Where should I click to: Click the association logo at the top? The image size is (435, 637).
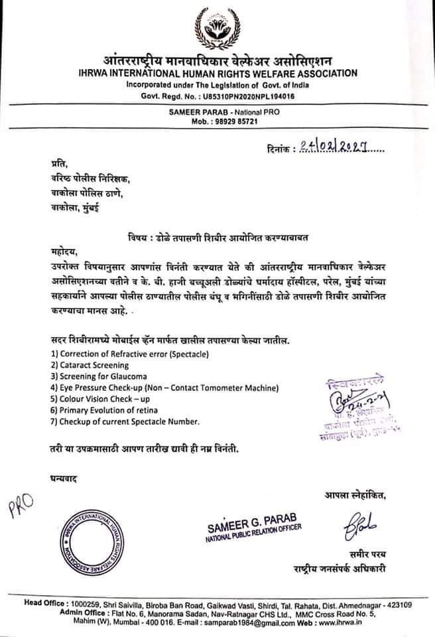click(217, 26)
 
